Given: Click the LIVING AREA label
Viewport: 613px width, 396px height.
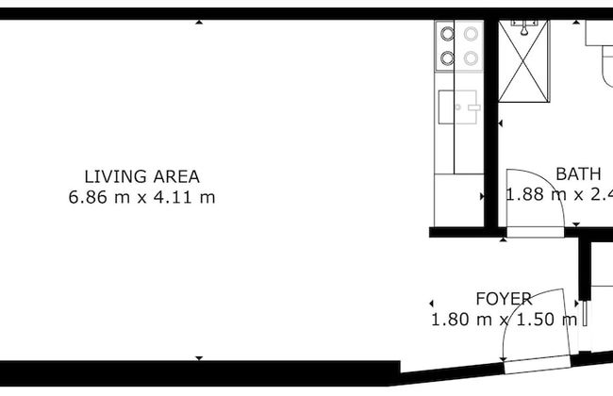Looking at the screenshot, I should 141,175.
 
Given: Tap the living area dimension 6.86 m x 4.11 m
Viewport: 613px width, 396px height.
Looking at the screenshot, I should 141,197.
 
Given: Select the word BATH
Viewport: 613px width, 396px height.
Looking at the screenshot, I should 577,174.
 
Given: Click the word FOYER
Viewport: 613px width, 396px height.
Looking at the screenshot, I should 503,299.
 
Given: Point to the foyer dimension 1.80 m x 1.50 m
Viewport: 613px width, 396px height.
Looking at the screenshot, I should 504,320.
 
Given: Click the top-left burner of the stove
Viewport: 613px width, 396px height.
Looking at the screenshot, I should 447,35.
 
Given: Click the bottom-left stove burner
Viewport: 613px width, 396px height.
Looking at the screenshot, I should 447,58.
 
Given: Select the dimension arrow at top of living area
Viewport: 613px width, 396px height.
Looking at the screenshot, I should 199,22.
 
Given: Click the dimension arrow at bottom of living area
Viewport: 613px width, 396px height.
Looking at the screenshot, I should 199,357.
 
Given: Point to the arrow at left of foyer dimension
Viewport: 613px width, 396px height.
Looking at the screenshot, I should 431,303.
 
